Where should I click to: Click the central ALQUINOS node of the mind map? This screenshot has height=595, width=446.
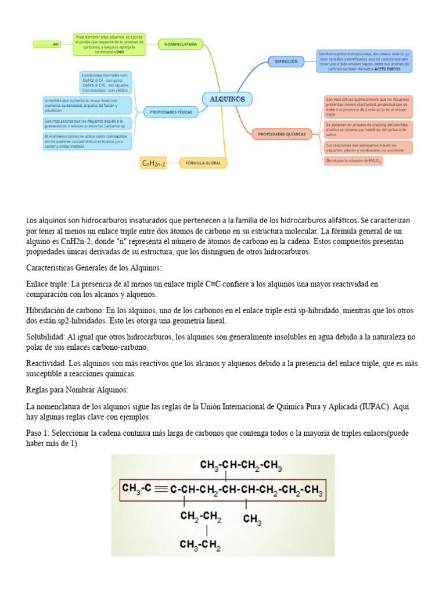pos(227,99)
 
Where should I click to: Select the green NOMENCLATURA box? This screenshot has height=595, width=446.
pos(181,44)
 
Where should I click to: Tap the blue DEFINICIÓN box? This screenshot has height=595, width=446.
pos(286,61)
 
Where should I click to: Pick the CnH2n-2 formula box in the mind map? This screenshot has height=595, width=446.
pos(154,164)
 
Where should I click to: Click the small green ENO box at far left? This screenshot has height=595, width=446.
pos(47,44)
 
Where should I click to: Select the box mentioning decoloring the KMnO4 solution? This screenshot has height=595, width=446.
pos(354,161)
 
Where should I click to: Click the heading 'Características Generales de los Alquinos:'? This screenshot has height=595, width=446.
pos(94,267)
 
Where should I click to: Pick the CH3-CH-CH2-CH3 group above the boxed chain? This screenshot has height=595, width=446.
pos(241,465)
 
